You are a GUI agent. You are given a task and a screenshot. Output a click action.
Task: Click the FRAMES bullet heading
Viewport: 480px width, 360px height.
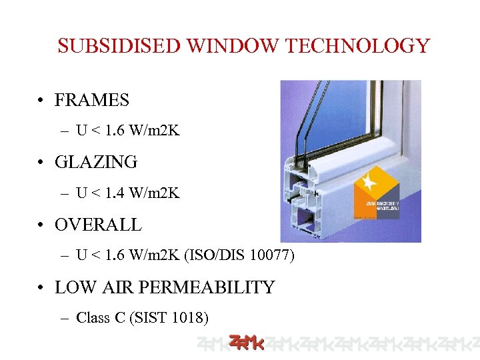click(x=91, y=100)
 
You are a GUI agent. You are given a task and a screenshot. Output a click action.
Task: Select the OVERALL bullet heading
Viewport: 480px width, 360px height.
click(x=98, y=225)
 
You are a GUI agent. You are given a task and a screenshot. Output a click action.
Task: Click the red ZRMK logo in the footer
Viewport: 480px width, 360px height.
click(x=246, y=343)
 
